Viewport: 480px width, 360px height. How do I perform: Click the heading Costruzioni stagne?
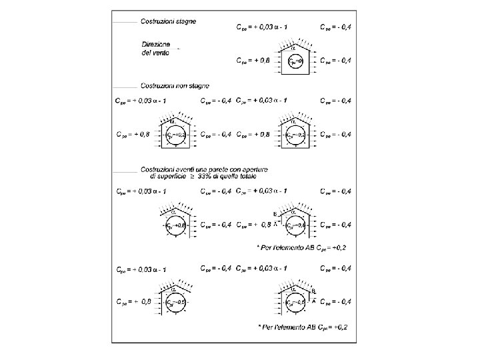coord(167,21)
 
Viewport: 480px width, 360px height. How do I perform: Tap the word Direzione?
coord(155,43)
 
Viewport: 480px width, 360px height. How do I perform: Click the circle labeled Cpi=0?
coord(295,62)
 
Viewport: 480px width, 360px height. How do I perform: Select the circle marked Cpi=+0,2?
coord(174,135)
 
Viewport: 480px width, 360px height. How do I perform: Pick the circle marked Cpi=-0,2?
coord(295,135)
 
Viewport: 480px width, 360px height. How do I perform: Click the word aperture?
coord(253,169)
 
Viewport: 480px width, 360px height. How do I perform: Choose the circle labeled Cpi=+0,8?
coord(174,225)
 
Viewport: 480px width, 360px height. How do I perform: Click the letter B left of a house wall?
coord(275,214)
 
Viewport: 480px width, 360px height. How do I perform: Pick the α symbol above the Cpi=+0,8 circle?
coord(172,211)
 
